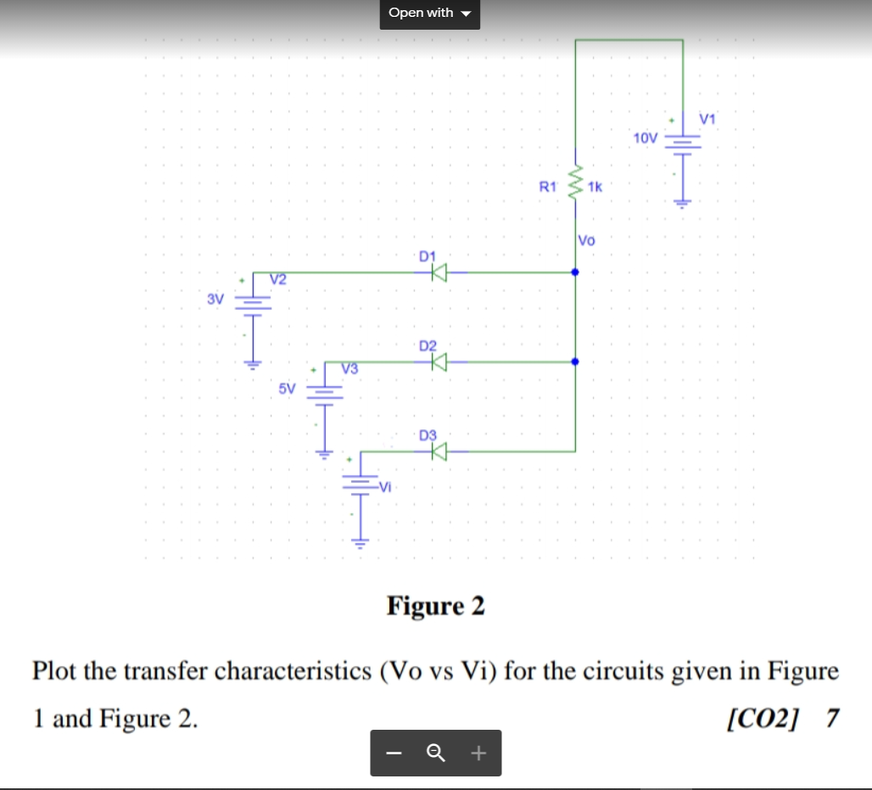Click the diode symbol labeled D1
click(x=438, y=272)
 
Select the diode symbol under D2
click(x=438, y=362)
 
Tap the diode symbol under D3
click(x=438, y=452)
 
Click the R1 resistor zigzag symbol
click(x=576, y=183)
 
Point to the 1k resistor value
click(x=594, y=187)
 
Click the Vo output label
click(x=586, y=240)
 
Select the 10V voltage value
click(x=645, y=137)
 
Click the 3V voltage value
click(x=215, y=299)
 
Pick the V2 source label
click(x=278, y=279)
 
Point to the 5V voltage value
click(x=287, y=389)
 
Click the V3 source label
click(x=349, y=368)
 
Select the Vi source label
click(x=386, y=486)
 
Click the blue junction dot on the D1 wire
click(x=575, y=272)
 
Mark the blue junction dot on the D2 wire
click(x=575, y=361)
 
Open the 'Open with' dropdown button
click(x=429, y=14)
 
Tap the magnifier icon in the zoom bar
click(x=436, y=753)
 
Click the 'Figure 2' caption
click(x=435, y=607)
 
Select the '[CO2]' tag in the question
click(x=763, y=719)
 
